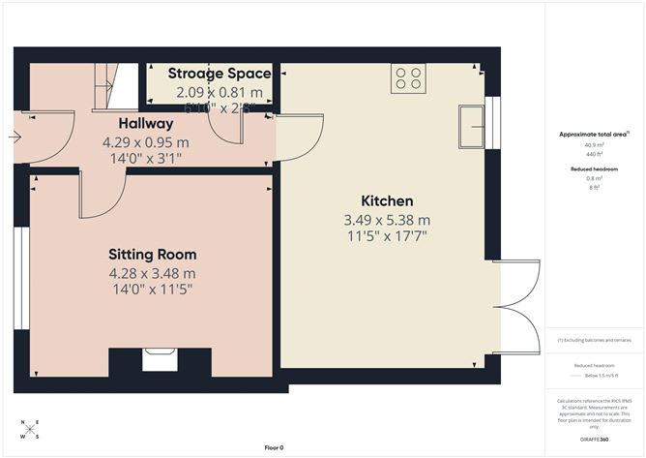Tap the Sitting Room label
pyautogui.click(x=152, y=255)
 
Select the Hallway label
pyautogui.click(x=145, y=124)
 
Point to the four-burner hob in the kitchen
pyautogui.click(x=408, y=78)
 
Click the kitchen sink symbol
pyautogui.click(x=474, y=125)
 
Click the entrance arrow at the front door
pyautogui.click(x=14, y=137)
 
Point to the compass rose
pyautogui.click(x=30, y=429)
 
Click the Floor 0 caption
pyautogui.click(x=275, y=447)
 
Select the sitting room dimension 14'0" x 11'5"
pyautogui.click(x=152, y=289)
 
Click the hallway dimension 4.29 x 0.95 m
pyautogui.click(x=145, y=141)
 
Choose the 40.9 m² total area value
pyautogui.click(x=595, y=146)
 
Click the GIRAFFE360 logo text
pyautogui.click(x=595, y=439)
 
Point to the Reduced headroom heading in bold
pyautogui.click(x=595, y=168)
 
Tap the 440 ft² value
pyautogui.click(x=595, y=155)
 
